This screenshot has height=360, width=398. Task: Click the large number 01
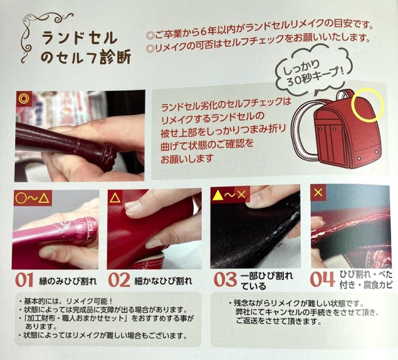[24, 280]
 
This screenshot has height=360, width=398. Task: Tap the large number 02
[119, 280]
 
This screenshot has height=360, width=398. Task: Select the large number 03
[225, 280]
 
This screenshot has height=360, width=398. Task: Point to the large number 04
[322, 279]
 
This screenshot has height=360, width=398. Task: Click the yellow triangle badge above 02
[115, 197]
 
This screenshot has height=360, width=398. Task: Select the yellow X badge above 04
[318, 193]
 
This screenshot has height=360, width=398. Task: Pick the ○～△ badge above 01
[32, 197]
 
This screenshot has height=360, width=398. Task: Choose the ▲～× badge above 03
[230, 195]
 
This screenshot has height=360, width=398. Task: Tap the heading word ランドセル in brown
[80, 39]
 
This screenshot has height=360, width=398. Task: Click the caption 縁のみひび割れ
[68, 281]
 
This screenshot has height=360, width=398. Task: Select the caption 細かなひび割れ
[163, 281]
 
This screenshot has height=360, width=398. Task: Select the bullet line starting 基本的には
[66, 301]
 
